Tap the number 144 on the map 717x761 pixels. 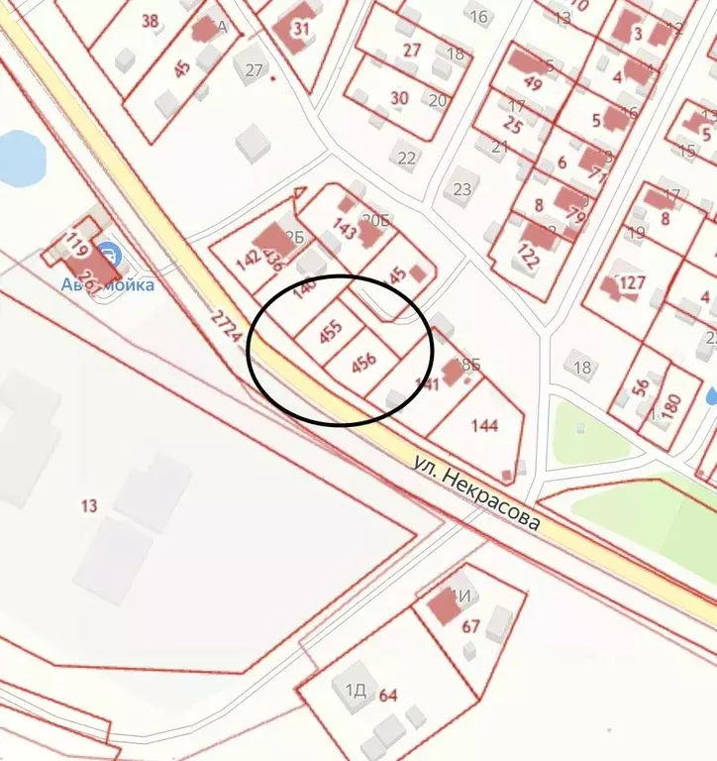(485, 426)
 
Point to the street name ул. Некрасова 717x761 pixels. (477, 491)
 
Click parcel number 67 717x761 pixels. (470, 626)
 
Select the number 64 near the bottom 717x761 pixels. (387, 695)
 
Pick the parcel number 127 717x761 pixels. (632, 284)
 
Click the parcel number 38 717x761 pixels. (151, 21)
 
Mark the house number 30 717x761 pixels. (399, 97)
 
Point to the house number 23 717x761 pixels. (461, 188)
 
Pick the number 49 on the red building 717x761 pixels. (532, 83)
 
